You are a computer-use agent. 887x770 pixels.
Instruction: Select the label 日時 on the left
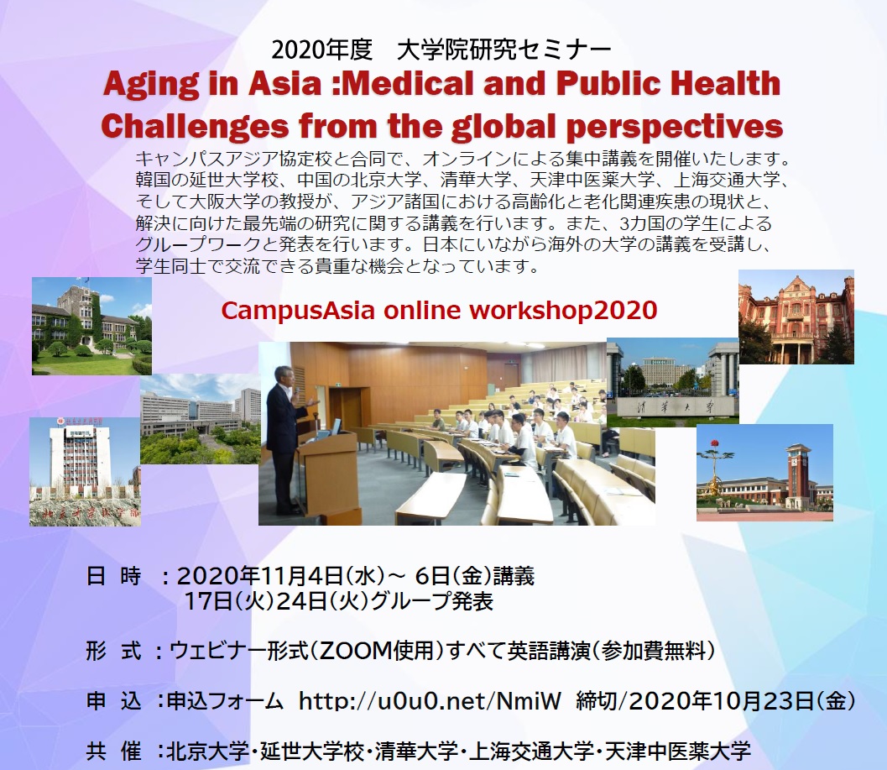(x=113, y=577)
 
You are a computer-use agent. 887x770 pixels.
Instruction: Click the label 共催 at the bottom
(x=113, y=750)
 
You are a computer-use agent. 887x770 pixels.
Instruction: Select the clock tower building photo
(x=764, y=472)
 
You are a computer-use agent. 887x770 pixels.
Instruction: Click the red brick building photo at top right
(x=796, y=317)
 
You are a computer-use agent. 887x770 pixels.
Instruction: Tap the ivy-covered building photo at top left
(x=91, y=325)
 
